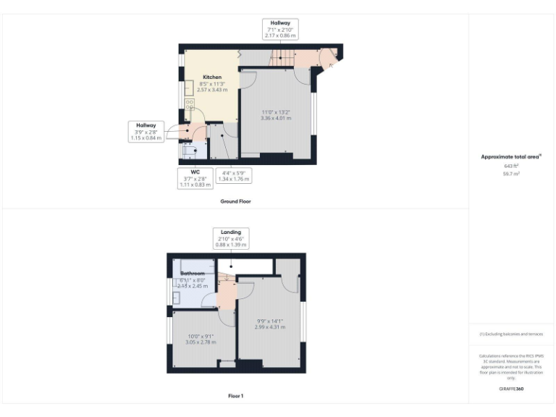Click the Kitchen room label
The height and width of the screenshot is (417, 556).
[212, 77]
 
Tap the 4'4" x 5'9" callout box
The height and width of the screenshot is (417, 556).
[235, 177]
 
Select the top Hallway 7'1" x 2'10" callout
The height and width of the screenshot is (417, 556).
[279, 29]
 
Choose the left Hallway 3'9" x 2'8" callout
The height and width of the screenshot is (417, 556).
[146, 132]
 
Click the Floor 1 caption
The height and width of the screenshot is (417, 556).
[235, 396]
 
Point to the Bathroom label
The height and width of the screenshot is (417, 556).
[193, 274]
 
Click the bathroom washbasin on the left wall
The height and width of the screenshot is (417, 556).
[177, 297]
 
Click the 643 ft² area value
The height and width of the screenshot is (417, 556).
[511, 166]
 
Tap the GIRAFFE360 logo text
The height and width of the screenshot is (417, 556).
[511, 389]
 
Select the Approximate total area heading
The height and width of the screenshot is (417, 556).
[511, 156]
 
